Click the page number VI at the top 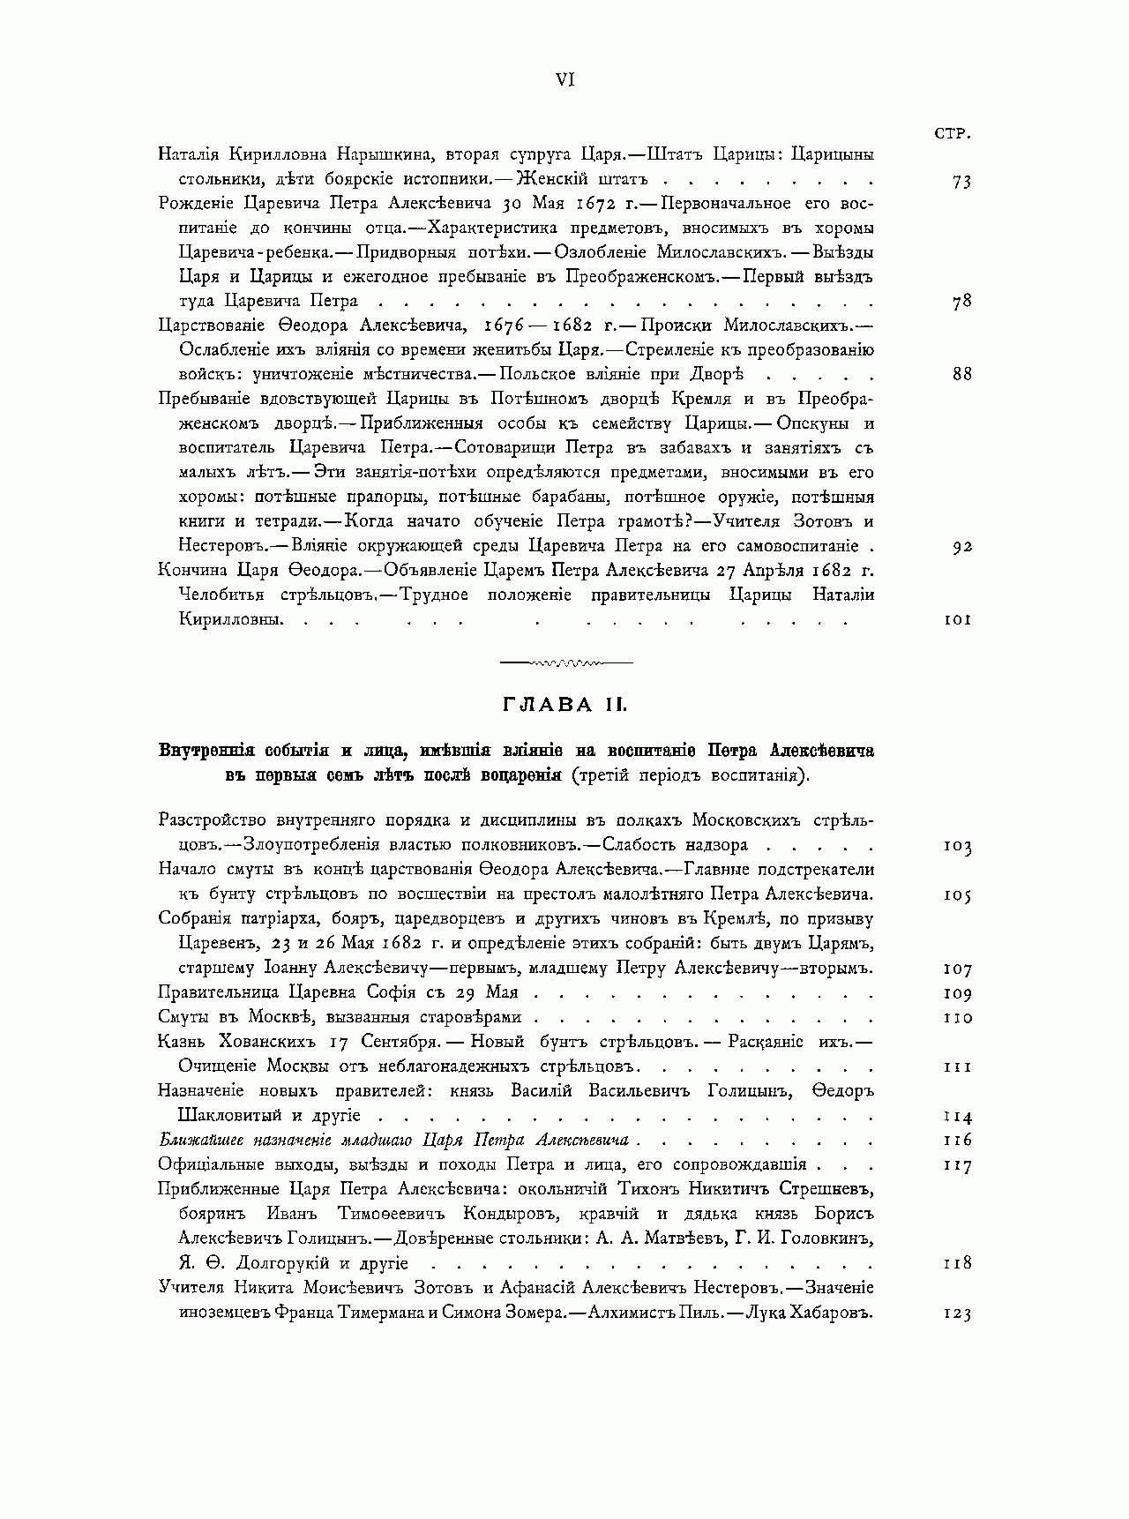pyautogui.click(x=565, y=79)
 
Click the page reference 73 pyautogui.click(x=961, y=182)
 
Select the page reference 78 pyautogui.click(x=961, y=301)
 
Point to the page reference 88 pyautogui.click(x=961, y=374)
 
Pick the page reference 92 pyautogui.click(x=961, y=546)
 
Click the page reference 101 pyautogui.click(x=957, y=619)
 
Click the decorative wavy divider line pyautogui.click(x=564, y=661)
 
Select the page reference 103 pyautogui.click(x=957, y=846)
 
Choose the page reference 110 pyautogui.click(x=957, y=1018)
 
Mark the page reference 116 pyautogui.click(x=957, y=1140)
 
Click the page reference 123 pyautogui.click(x=957, y=1313)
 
